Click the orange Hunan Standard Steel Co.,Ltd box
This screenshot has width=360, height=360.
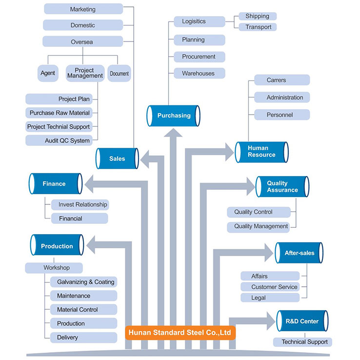coord(180,333)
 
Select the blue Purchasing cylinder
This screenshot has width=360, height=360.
coord(173,116)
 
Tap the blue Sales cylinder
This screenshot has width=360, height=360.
coord(117,159)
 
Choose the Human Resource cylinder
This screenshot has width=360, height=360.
coord(262,152)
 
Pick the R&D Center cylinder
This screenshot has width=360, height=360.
coord(302,321)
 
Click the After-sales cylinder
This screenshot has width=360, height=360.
coord(299,253)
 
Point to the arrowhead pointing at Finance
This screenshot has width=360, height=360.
coord(89,184)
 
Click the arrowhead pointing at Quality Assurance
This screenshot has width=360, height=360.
coord(251,186)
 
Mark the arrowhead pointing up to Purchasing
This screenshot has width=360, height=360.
coord(173,133)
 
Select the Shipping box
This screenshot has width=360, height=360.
coord(258,16)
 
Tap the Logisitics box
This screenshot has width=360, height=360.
coord(200,21)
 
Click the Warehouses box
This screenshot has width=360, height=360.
coord(200,73)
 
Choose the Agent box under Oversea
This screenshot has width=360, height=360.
coord(48,73)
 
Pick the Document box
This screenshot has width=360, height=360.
coord(119,73)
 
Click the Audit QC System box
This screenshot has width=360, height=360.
coord(59,140)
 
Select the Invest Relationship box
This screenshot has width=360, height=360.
coord(80,204)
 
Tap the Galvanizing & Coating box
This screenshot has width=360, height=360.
coord(83,282)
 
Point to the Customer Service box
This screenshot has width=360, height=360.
coord(270,287)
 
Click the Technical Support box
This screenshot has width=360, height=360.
coord(302,342)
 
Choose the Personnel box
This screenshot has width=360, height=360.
coord(282,115)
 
